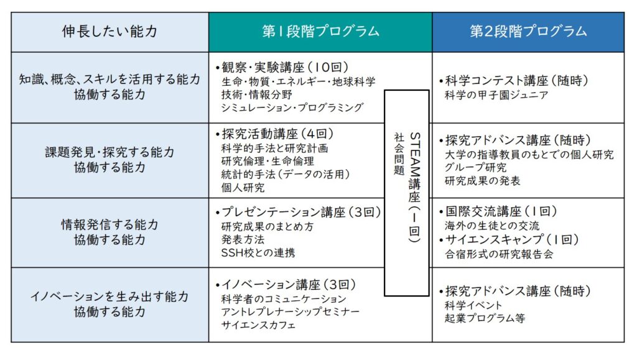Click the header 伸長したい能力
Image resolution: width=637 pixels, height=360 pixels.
109,31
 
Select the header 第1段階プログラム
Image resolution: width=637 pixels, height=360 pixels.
320,31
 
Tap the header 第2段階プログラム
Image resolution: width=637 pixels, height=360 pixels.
528,31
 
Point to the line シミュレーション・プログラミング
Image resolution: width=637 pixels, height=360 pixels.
292,108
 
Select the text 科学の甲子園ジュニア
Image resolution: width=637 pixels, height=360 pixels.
496,95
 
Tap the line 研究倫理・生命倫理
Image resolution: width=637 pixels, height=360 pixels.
267,161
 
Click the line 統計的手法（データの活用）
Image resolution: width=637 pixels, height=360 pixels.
286,174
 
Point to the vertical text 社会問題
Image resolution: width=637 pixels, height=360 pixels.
399,154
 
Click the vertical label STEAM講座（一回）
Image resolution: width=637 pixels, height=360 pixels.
414,188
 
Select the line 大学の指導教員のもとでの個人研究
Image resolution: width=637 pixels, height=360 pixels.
529,155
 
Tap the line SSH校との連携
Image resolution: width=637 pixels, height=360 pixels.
258,253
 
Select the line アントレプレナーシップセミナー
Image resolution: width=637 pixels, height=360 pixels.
291,312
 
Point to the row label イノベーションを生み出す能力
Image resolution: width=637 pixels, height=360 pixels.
109,297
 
